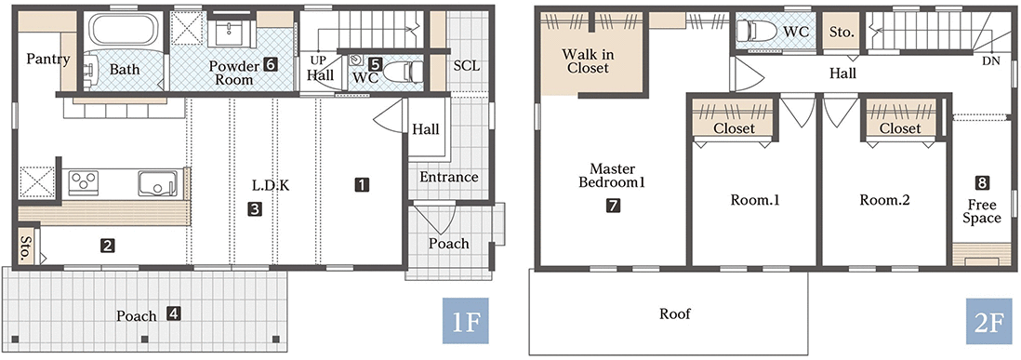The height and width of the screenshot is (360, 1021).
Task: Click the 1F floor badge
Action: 465,320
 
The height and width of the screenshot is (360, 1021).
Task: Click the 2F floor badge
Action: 989,320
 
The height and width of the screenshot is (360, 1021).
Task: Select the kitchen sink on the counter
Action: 157,183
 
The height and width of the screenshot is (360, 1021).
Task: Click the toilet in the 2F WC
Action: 756,30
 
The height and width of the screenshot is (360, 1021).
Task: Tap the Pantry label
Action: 48,60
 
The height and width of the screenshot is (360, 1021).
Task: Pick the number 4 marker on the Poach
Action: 173,313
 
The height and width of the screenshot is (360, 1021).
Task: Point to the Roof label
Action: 674,313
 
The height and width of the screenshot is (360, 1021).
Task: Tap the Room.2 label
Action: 883,201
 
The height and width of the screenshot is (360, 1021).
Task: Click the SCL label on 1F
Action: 468,66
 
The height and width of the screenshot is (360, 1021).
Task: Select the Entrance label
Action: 448,177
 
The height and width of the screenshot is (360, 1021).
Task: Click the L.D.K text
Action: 271,185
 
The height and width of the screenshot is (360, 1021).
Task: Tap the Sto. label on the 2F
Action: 842,32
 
